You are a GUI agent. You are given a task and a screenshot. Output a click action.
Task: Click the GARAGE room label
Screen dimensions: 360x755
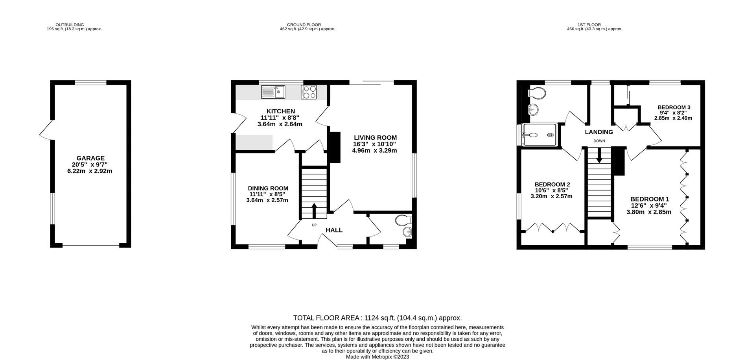(x=90, y=158)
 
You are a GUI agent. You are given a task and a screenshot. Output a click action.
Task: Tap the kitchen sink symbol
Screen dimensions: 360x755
(x=273, y=92)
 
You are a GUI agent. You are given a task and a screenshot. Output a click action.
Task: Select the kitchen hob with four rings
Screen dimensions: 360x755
(x=309, y=92)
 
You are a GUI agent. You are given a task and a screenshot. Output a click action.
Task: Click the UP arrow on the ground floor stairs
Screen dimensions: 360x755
(x=314, y=210)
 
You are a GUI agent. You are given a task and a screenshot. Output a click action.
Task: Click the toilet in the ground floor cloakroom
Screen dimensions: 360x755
(x=404, y=220)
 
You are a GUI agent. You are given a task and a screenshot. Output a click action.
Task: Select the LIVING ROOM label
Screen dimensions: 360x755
(x=375, y=138)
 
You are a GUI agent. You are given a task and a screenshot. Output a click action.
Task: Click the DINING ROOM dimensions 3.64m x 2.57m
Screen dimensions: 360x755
(x=267, y=200)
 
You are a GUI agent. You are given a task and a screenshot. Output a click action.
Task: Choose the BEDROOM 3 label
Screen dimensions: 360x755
(x=674, y=107)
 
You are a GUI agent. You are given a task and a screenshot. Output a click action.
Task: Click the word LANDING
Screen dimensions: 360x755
(x=598, y=132)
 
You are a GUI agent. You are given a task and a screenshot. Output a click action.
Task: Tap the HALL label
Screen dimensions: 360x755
(x=334, y=230)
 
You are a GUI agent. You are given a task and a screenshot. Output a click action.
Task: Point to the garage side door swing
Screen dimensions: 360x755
(x=46, y=130)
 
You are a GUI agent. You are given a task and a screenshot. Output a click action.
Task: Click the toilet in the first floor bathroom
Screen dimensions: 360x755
(x=537, y=94)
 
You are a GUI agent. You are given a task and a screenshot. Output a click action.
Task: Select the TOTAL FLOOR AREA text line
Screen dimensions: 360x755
(x=377, y=318)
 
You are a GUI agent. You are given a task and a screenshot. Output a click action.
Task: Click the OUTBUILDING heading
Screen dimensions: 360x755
(x=70, y=25)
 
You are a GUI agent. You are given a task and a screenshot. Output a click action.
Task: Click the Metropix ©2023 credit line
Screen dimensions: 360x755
(x=377, y=357)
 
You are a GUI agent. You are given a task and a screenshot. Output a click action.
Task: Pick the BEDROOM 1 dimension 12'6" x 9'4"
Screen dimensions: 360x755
(x=649, y=205)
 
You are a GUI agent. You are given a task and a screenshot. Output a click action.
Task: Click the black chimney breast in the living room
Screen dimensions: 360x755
(x=334, y=147)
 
